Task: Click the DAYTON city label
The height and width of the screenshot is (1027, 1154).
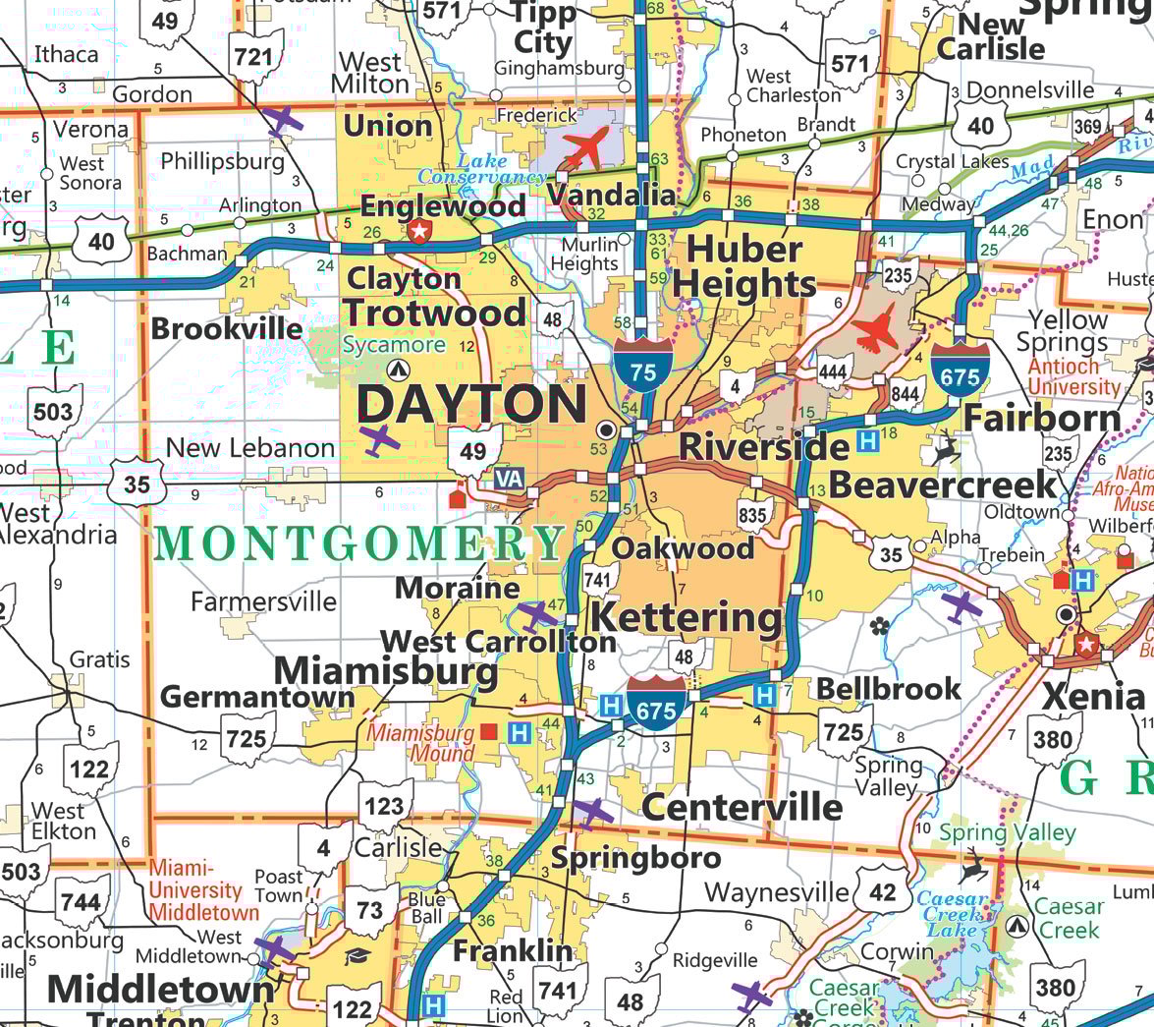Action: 471,404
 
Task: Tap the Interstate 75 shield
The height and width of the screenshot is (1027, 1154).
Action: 643,368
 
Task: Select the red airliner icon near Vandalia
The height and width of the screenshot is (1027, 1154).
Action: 587,147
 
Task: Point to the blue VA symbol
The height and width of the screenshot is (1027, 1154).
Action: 509,479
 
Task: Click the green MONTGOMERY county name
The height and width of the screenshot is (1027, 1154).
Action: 359,543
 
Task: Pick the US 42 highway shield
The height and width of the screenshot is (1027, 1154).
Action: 882,891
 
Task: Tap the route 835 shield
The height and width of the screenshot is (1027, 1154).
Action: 753,513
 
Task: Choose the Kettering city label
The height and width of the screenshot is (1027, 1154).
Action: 687,618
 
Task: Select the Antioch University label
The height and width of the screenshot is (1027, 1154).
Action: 1072,376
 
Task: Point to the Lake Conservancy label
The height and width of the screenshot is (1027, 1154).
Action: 481,169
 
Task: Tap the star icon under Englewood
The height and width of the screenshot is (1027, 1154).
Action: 420,232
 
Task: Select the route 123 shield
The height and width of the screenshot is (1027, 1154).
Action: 384,806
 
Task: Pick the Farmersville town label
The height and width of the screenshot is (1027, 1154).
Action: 263,600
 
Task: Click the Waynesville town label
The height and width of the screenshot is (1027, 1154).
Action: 776,892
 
